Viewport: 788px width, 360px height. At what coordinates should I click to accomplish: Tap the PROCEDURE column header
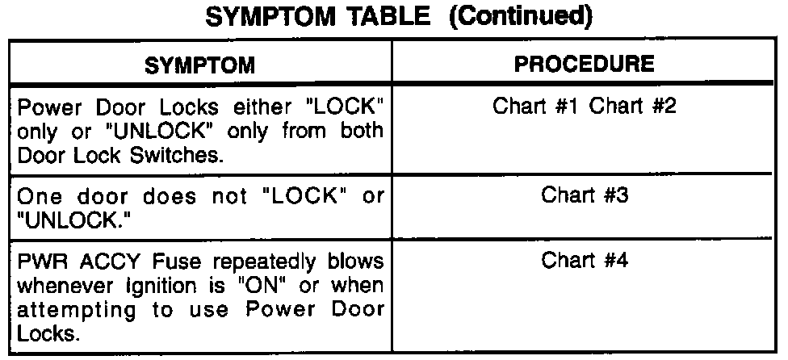585,62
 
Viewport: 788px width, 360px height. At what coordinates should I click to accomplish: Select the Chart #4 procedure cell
585,260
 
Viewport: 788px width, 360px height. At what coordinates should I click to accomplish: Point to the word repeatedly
232,262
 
